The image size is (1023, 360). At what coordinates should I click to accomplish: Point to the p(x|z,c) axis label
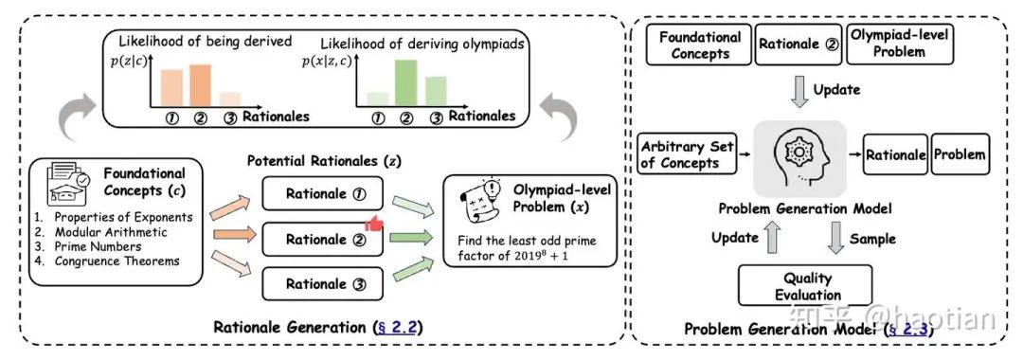click(329, 62)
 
